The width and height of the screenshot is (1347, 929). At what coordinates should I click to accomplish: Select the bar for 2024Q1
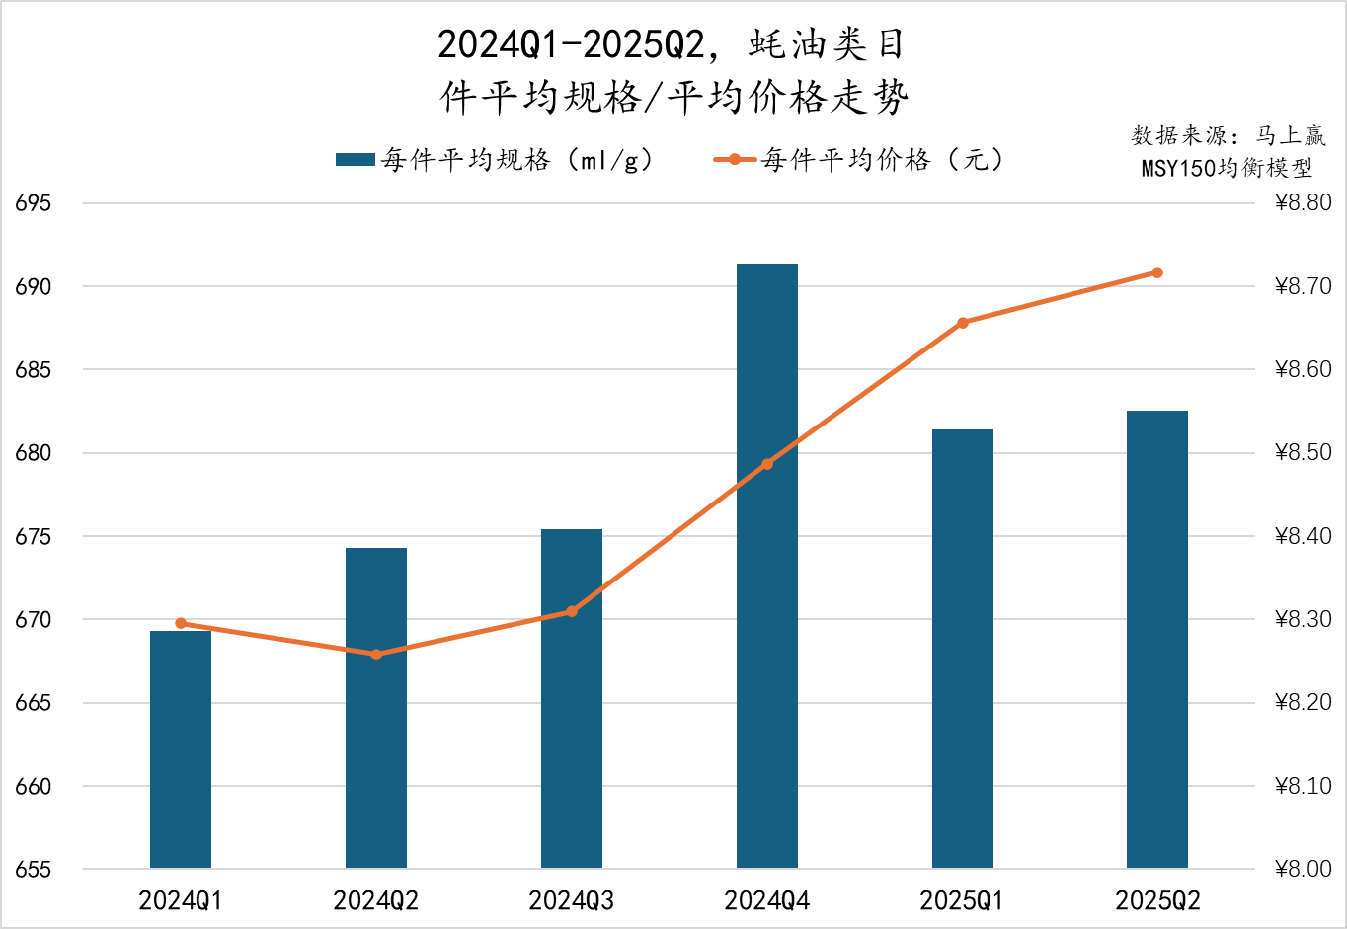point(181,749)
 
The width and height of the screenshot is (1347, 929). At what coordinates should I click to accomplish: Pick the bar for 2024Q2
point(376,708)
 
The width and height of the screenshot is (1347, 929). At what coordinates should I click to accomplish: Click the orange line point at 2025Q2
point(1157,272)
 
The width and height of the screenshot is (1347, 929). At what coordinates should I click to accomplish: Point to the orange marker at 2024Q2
point(376,655)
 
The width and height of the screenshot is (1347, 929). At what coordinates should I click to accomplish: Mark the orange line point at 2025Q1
point(963,323)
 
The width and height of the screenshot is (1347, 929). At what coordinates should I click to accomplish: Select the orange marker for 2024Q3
point(572,611)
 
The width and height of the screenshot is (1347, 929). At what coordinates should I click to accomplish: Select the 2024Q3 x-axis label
point(572,900)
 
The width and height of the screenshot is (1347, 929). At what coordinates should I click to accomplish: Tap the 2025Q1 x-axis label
point(963,900)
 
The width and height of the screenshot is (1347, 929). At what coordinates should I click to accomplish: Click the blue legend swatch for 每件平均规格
point(355,160)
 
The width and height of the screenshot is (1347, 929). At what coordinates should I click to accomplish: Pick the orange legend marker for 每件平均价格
point(735,160)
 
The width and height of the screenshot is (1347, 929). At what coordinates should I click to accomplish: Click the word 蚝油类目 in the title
point(827,44)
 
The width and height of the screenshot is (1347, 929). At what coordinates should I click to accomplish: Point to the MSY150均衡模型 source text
point(1227,168)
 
